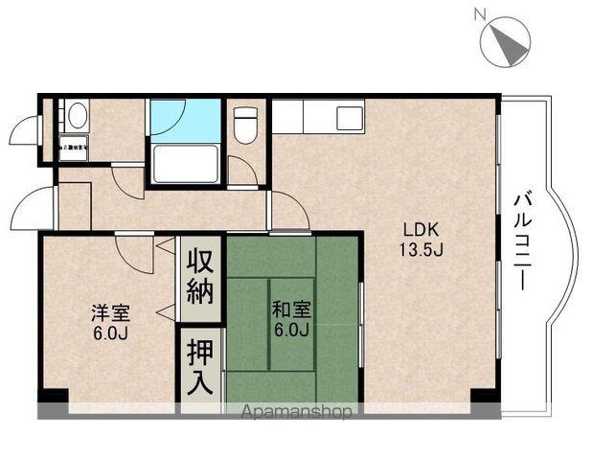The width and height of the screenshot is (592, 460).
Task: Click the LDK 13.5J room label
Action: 419,239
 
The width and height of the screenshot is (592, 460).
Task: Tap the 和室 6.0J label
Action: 290,318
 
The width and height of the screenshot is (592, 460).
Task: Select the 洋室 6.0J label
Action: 110,322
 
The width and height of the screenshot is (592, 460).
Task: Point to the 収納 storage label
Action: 200,275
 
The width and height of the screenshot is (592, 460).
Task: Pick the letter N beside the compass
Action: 481,14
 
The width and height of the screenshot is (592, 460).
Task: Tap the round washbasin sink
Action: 76,117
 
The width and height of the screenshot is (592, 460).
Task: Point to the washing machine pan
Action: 73,148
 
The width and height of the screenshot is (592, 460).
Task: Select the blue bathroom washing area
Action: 185,120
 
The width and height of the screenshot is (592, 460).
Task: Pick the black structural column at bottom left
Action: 53,398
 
